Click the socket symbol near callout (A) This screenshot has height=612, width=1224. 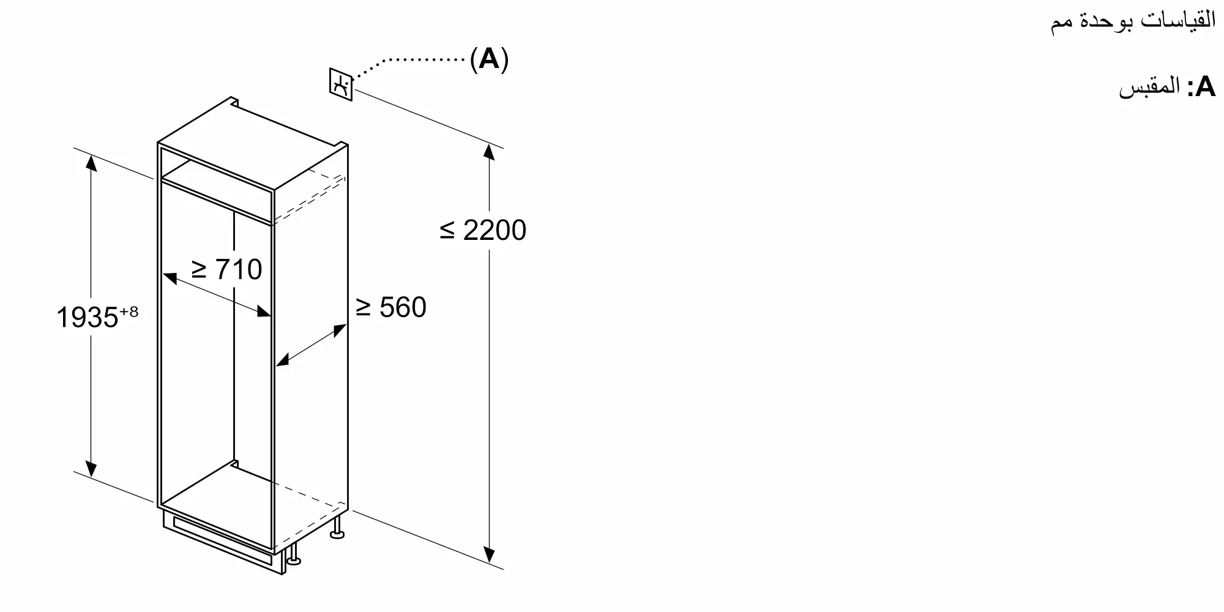(341, 84)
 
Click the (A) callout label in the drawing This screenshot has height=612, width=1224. (489, 59)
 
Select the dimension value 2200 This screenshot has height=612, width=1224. (494, 231)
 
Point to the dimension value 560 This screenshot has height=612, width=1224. (403, 307)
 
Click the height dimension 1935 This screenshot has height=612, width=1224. (87, 318)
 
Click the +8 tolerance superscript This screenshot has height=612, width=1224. (129, 312)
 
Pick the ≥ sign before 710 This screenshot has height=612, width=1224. (200, 269)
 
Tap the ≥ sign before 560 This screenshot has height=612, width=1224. (364, 307)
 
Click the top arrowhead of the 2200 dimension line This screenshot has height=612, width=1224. (488, 151)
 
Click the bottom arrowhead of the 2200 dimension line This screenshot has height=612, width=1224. (489, 554)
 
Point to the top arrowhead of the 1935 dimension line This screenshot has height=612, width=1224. (91, 163)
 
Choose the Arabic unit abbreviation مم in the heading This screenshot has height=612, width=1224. (1062, 23)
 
